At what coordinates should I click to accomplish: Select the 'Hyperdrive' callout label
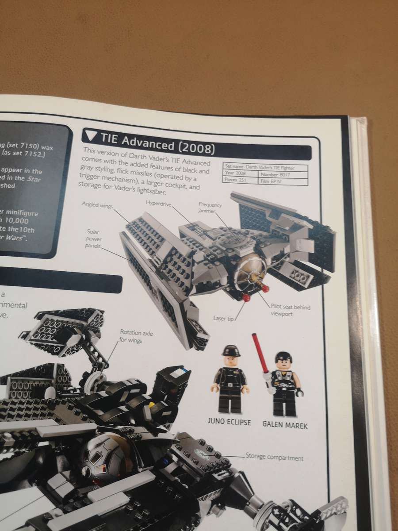click(x=158, y=202)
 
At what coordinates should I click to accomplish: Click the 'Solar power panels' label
click(x=94, y=239)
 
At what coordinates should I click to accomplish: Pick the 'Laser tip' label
click(x=223, y=318)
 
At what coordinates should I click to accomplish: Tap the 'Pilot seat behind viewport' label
click(x=286, y=309)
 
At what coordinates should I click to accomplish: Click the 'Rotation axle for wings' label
click(x=136, y=336)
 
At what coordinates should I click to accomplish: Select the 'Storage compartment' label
click(x=274, y=458)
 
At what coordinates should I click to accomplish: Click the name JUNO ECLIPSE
click(x=229, y=422)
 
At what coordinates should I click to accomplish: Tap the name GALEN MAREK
click(x=285, y=425)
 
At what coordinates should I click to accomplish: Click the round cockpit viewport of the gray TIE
click(x=250, y=271)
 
